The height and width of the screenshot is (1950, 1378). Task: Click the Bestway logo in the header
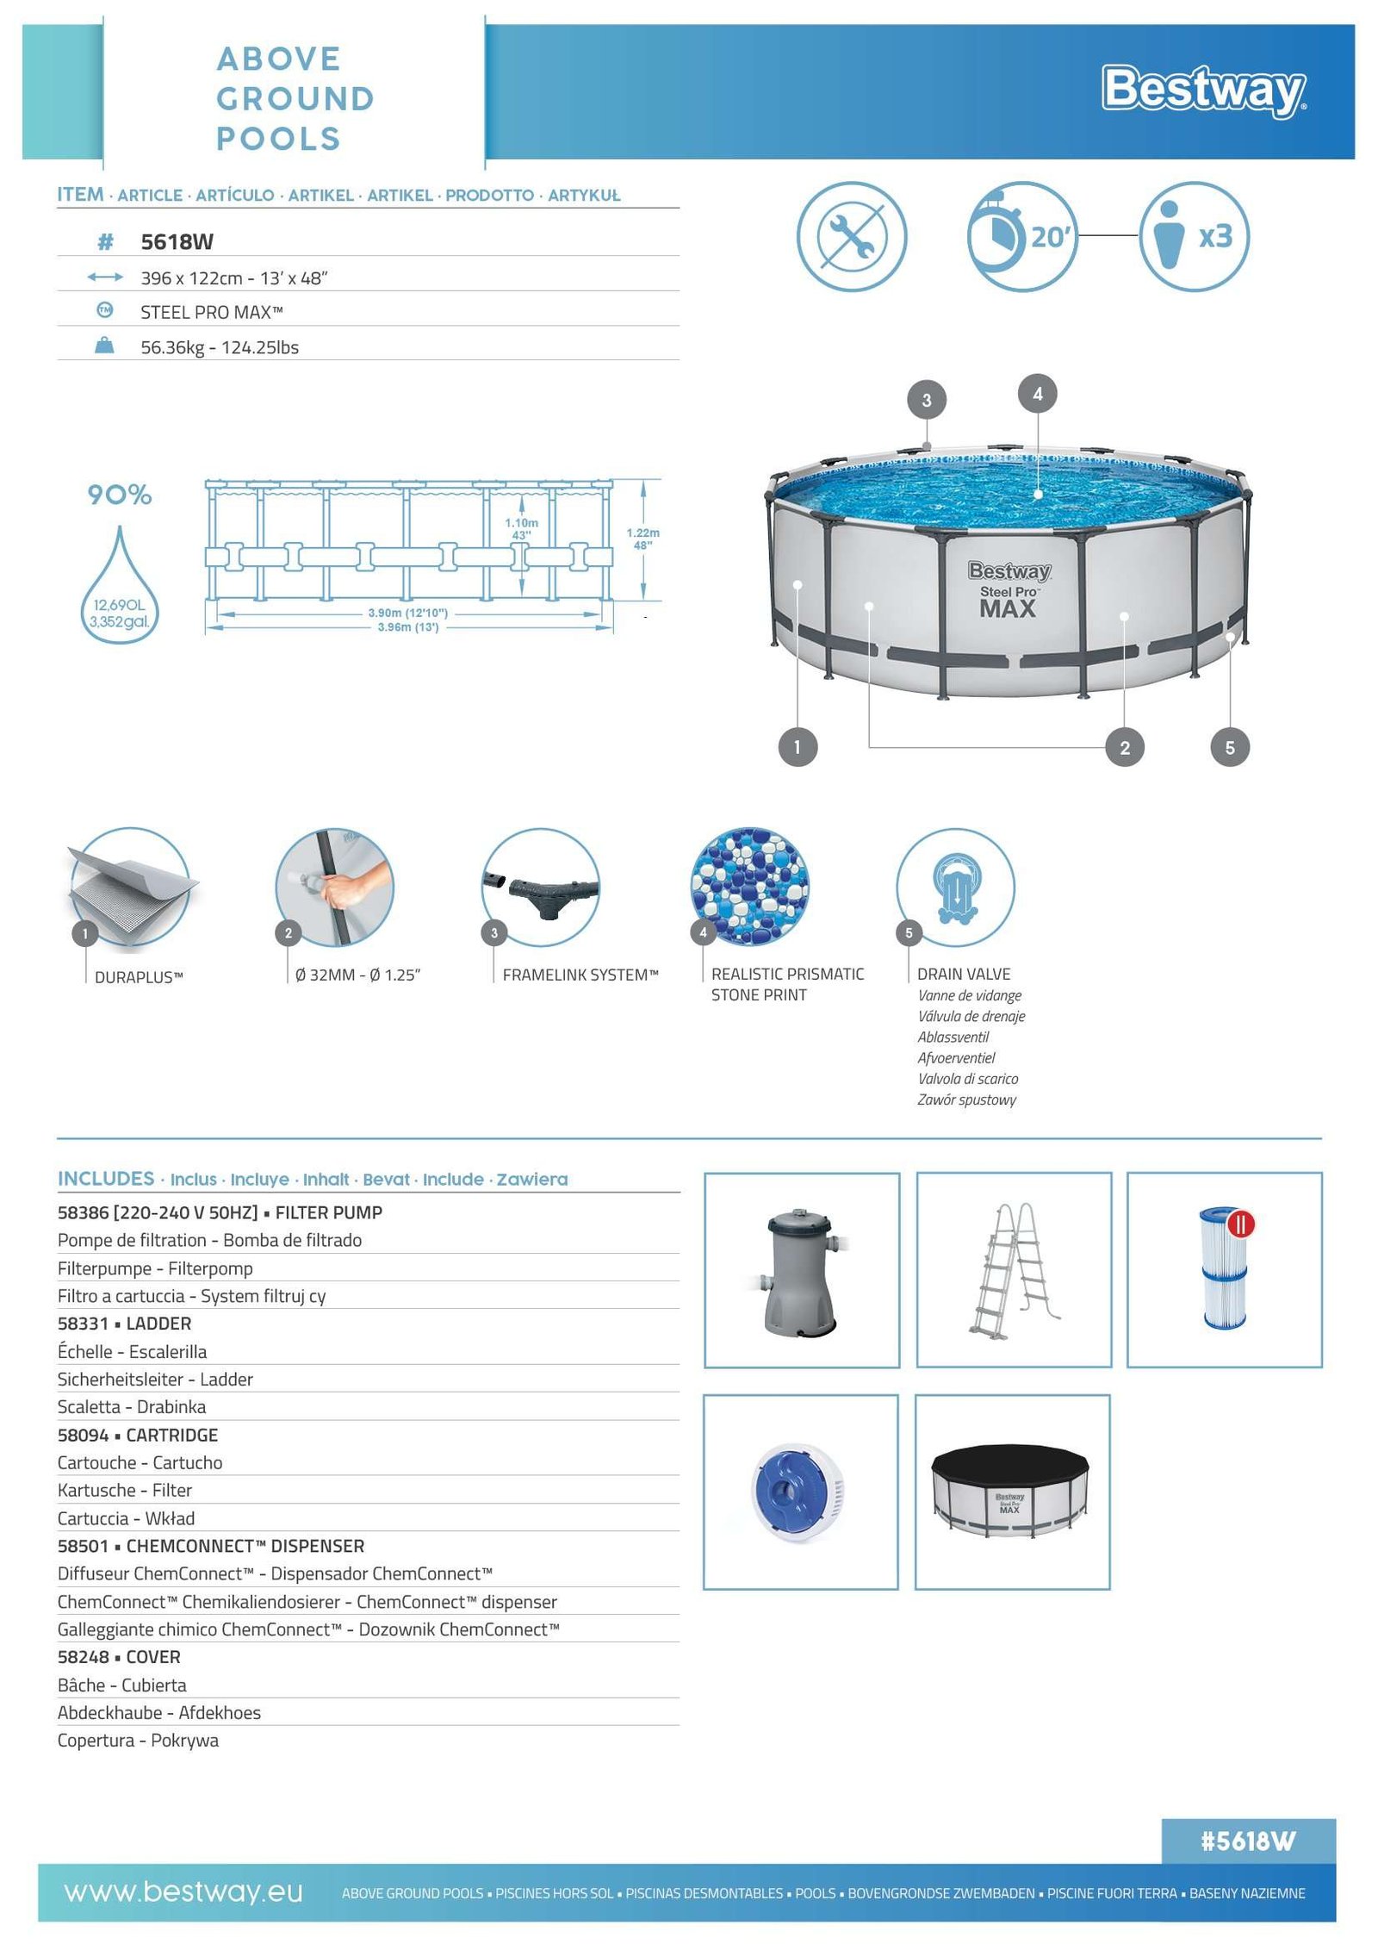pyautogui.click(x=1203, y=90)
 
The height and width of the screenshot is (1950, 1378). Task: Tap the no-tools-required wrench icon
pyautogui.click(x=851, y=236)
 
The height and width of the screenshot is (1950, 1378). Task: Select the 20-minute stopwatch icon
pyautogui.click(x=1021, y=236)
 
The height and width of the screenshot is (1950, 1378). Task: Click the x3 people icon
pyautogui.click(x=1194, y=236)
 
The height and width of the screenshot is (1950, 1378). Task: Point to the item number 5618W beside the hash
pyautogui.click(x=177, y=242)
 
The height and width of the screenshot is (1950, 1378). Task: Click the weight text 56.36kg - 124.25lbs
pyautogui.click(x=220, y=347)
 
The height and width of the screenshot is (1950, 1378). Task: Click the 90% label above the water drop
pyautogui.click(x=120, y=495)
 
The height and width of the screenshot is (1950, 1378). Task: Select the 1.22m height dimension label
pyautogui.click(x=642, y=539)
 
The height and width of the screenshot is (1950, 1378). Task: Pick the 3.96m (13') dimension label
pyautogui.click(x=407, y=627)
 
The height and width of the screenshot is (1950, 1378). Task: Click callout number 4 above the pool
pyautogui.click(x=1037, y=394)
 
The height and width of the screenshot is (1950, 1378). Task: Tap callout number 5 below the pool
pyautogui.click(x=1229, y=747)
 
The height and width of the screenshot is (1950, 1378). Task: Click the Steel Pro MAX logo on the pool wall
pyautogui.click(x=1009, y=590)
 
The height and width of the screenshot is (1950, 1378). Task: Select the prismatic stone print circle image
pyautogui.click(x=749, y=887)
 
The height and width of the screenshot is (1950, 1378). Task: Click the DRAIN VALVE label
pyautogui.click(x=963, y=974)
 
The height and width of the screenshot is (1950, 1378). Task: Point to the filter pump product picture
pyautogui.click(x=802, y=1270)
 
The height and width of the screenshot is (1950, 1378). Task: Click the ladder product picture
pyautogui.click(x=1014, y=1270)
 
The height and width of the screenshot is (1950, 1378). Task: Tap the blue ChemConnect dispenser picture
pyautogui.click(x=800, y=1492)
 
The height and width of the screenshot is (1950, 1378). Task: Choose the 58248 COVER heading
pyautogui.click(x=119, y=1657)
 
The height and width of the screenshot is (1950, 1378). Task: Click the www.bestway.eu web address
pyautogui.click(x=183, y=1891)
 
